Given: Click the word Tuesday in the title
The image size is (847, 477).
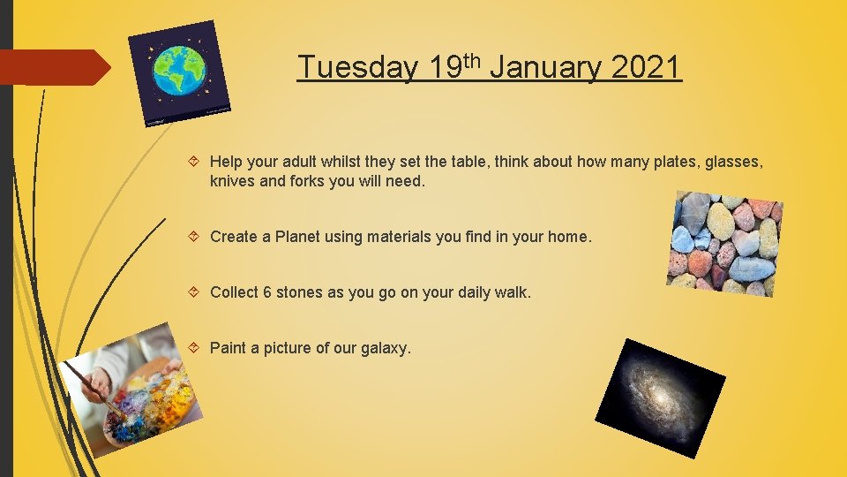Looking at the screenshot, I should (x=357, y=67).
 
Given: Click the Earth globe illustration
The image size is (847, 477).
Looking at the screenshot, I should (x=180, y=72).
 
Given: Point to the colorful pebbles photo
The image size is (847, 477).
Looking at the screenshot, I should (x=725, y=243).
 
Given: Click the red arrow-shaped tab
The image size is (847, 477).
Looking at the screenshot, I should (x=53, y=67).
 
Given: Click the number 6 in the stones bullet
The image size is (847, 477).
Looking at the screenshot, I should (x=267, y=292).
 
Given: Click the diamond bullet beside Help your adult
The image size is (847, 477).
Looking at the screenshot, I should (x=197, y=162).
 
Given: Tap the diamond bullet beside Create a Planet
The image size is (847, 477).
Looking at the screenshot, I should (x=197, y=237).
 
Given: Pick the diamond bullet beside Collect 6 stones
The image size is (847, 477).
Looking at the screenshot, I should (x=197, y=292).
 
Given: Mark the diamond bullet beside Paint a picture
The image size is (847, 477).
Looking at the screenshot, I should (x=197, y=348).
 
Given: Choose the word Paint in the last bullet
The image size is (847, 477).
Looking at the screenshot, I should (x=229, y=348).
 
